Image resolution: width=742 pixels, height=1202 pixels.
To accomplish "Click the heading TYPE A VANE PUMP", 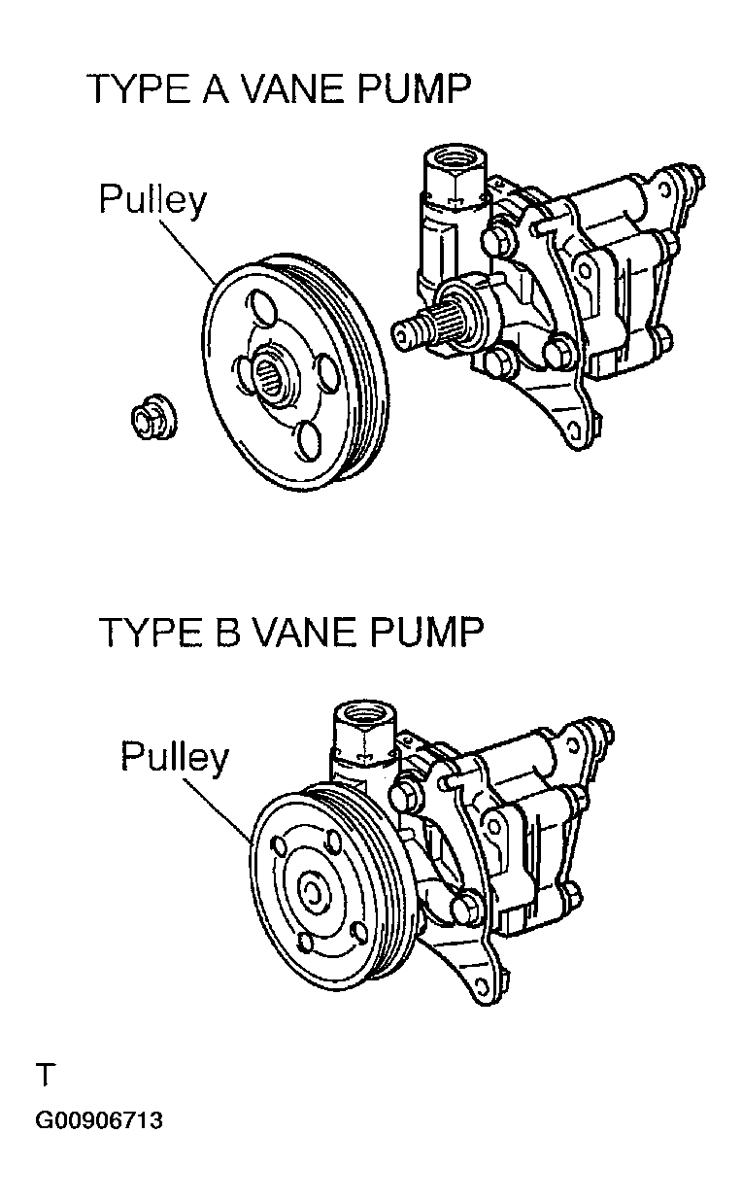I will [279, 89].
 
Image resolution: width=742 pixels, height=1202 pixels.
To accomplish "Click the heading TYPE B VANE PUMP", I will [290, 632].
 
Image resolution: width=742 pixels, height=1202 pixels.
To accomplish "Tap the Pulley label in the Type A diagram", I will [152, 200].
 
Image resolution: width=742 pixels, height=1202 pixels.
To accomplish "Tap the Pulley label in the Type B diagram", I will [175, 757].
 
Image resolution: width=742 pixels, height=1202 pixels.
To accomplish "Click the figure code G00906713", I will [99, 1120].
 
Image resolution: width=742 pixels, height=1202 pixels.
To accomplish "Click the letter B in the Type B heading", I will [224, 632].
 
